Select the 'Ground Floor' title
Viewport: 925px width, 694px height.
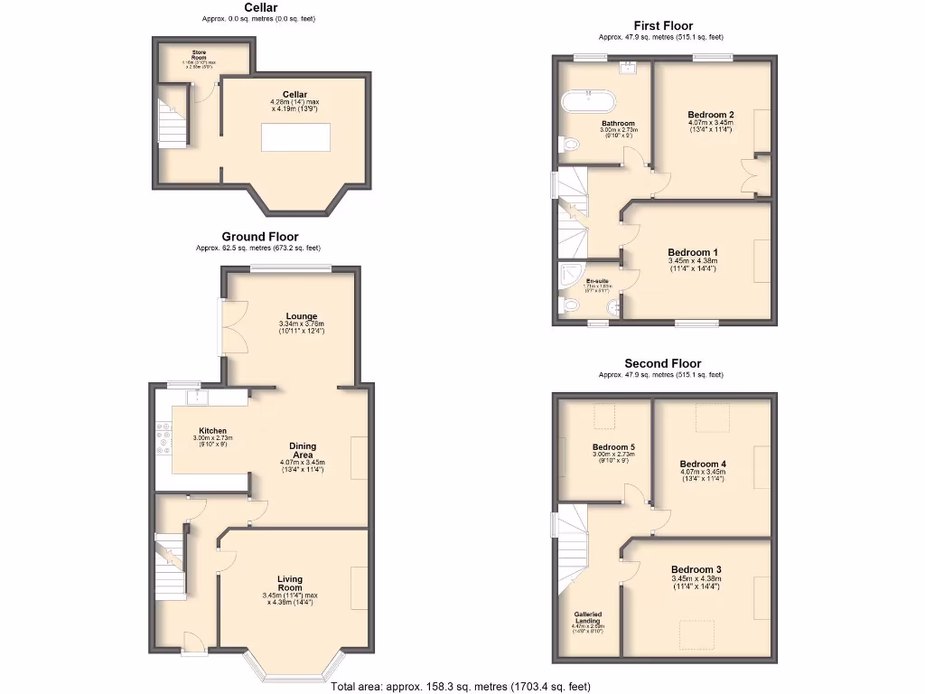[260, 237]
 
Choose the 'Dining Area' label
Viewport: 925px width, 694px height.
[303, 450]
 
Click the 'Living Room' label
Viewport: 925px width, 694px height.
[290, 584]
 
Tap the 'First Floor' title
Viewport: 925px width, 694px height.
[663, 26]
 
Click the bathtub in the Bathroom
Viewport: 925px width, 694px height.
[592, 101]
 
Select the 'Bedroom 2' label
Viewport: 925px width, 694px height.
[710, 115]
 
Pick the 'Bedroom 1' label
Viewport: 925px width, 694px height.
[694, 252]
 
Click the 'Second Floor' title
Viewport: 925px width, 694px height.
[663, 363]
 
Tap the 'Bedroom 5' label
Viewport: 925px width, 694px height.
[614, 446]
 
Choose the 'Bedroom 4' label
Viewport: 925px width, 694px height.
[703, 464]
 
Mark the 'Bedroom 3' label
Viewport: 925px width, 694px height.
[696, 569]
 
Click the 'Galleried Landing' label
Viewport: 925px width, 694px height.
[587, 618]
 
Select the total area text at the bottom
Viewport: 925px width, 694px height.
[461, 687]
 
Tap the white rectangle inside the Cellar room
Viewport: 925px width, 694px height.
[295, 137]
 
